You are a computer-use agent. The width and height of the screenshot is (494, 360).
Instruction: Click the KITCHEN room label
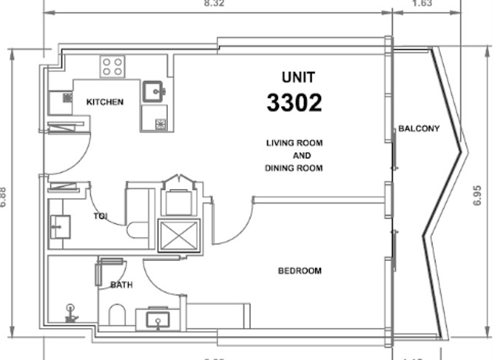tap(105, 102)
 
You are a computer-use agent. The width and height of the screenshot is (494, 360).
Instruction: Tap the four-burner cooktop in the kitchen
tap(112, 66)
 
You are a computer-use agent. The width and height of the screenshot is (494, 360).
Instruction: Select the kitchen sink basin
tap(152, 92)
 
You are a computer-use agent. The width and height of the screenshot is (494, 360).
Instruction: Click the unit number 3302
tap(294, 103)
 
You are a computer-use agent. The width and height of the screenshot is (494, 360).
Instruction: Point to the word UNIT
tap(298, 78)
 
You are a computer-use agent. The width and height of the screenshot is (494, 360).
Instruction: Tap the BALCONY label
tap(419, 129)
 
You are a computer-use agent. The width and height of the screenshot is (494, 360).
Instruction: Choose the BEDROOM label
tap(299, 271)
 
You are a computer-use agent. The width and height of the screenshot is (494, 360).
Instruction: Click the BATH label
tap(121, 285)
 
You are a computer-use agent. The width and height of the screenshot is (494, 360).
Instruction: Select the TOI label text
tap(100, 216)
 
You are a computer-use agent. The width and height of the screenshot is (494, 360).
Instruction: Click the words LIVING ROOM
tap(294, 143)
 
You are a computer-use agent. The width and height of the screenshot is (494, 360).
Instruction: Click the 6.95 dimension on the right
tap(477, 195)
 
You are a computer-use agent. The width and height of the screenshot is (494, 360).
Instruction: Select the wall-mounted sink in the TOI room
tap(60, 226)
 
